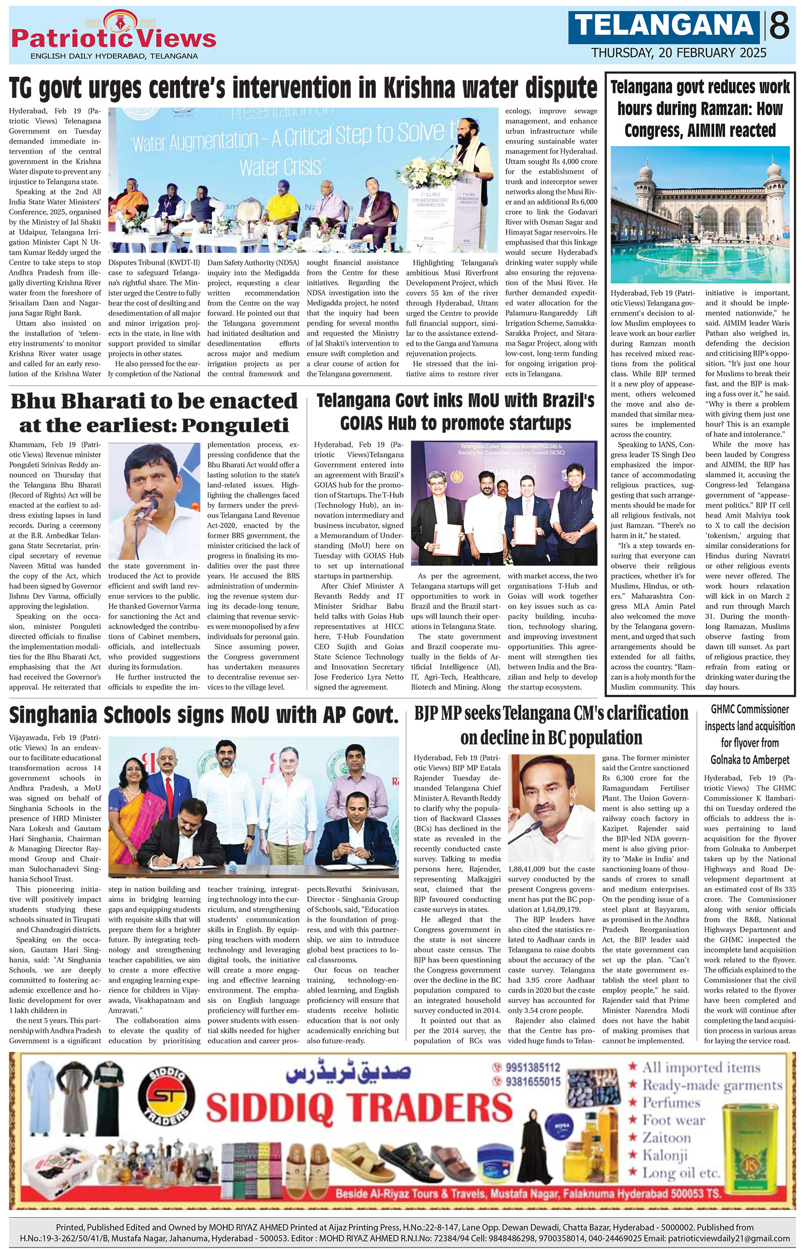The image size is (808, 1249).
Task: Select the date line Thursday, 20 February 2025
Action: pos(679,53)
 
